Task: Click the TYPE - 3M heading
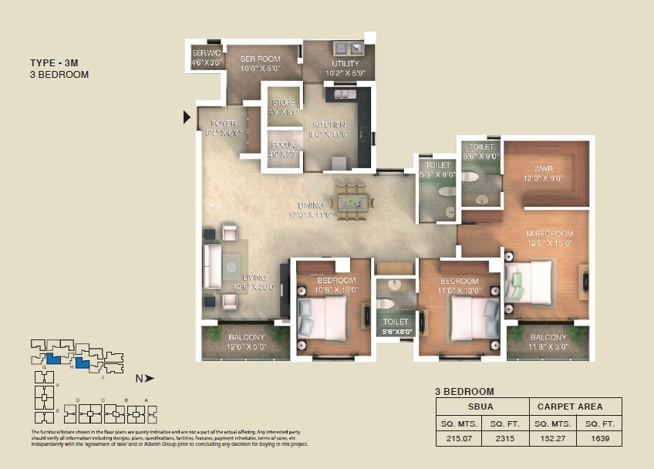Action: (x=55, y=62)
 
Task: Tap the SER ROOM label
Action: (x=259, y=59)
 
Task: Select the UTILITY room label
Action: (x=345, y=63)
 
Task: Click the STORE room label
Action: (x=283, y=102)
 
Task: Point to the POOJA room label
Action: (x=283, y=143)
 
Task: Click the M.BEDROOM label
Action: (x=549, y=234)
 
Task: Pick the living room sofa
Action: (x=211, y=266)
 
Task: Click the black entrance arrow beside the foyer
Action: (x=187, y=117)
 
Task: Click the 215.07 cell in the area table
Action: (x=459, y=439)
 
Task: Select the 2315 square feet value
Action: (x=505, y=439)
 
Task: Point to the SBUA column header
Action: (x=482, y=407)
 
